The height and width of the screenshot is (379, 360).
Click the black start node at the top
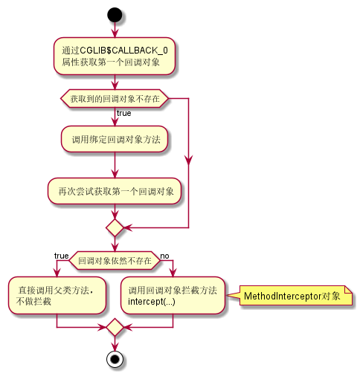click(115, 13)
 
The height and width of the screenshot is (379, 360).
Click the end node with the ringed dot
click(115, 360)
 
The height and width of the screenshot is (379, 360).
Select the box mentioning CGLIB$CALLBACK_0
click(115, 56)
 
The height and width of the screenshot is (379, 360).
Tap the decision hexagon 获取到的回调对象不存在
click(115, 99)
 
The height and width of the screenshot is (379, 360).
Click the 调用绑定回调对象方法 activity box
click(115, 140)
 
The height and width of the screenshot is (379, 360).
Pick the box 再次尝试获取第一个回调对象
click(115, 191)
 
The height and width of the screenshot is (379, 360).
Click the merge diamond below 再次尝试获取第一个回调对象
click(115, 226)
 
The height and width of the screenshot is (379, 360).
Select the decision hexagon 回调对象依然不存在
click(115, 261)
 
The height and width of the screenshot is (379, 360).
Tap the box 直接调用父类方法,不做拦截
click(56, 295)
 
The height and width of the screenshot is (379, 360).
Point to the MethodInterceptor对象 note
click(292, 296)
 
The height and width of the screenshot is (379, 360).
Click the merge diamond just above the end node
click(115, 327)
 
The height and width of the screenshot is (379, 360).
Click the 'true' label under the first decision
click(124, 113)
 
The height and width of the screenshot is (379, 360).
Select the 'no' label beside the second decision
click(165, 256)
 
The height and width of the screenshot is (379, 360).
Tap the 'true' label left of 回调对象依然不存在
click(62, 256)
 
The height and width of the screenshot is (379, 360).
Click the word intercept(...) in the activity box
click(152, 301)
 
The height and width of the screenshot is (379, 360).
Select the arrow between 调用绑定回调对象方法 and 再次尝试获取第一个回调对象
click(115, 165)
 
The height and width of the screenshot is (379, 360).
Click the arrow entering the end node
click(115, 344)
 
